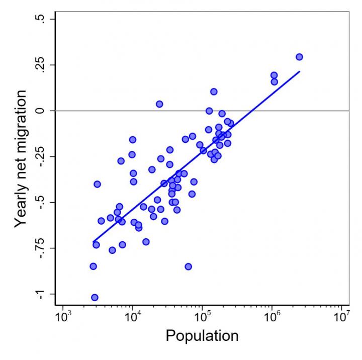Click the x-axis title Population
click(202, 336)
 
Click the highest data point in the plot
click(299, 57)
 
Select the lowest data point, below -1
click(95, 297)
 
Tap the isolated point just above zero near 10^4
click(159, 104)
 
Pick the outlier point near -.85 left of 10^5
click(188, 266)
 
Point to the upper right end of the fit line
click(299, 71)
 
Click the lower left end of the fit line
click(94, 241)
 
